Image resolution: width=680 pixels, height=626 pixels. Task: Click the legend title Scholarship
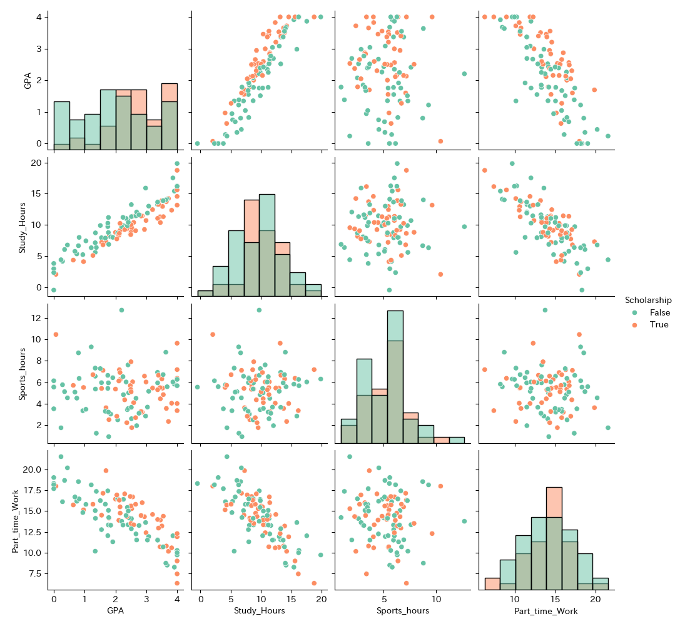[x=647, y=300]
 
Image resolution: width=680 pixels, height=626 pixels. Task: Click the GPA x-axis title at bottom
[x=115, y=610]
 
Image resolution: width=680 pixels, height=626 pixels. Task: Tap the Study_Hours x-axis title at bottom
[x=259, y=610]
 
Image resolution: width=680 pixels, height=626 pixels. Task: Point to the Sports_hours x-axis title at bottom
[x=402, y=610]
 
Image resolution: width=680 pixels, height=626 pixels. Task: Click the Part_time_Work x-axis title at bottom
[x=546, y=610]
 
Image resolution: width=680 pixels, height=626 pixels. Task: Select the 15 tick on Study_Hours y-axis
[x=38, y=194]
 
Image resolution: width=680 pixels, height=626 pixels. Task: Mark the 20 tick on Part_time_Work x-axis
[x=596, y=599]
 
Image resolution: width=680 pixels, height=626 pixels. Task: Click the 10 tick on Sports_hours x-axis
[x=435, y=599]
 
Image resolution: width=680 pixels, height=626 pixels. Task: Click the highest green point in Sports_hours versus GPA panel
[x=121, y=310]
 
